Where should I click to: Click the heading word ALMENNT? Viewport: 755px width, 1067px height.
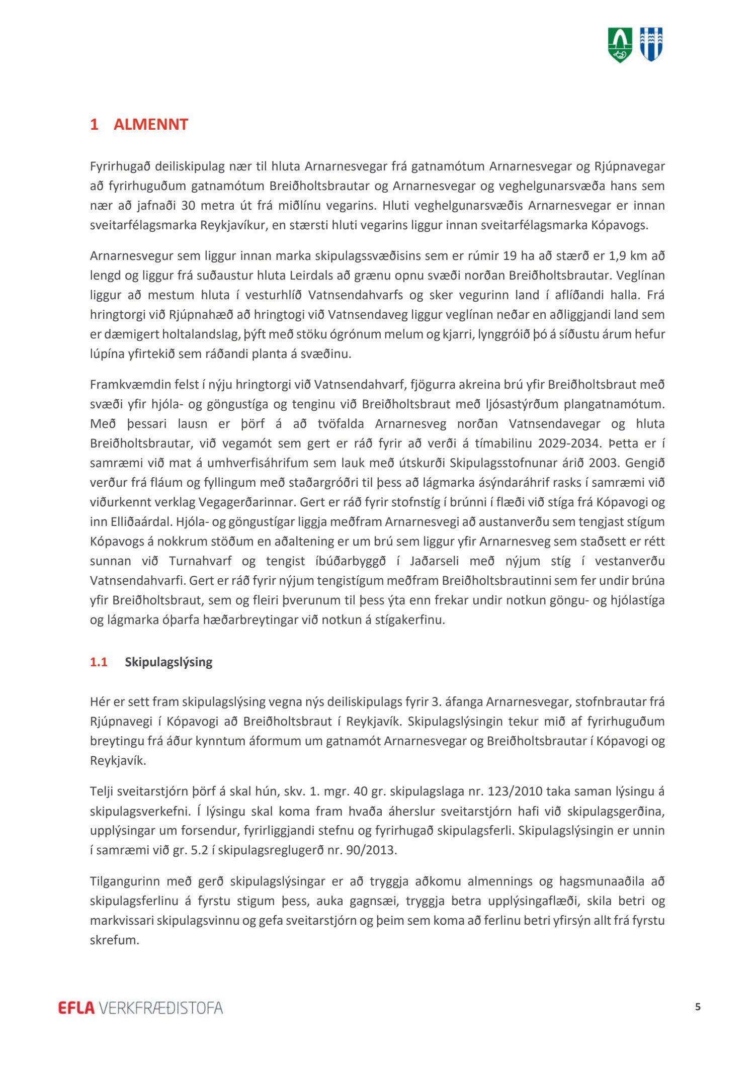[x=150, y=124]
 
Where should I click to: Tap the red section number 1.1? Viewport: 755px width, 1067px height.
[x=99, y=662]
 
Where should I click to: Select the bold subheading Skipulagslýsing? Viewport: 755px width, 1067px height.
[x=169, y=662]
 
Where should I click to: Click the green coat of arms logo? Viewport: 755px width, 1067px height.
[x=620, y=45]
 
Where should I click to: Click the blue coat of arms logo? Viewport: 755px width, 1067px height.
[x=651, y=45]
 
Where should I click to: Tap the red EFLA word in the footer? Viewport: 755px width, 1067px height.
[x=76, y=1008]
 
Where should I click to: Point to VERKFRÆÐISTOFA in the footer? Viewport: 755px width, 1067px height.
[x=161, y=1008]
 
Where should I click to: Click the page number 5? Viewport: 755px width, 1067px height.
[x=697, y=1007]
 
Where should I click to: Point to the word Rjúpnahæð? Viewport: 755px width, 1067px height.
[x=200, y=315]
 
